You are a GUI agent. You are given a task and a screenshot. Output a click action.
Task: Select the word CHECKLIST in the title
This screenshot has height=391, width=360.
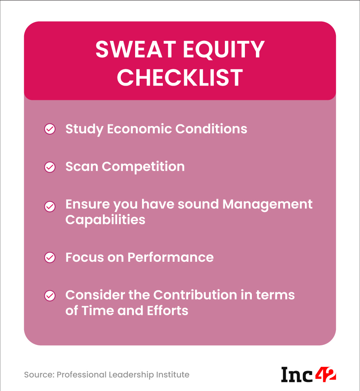pyautogui.click(x=180, y=77)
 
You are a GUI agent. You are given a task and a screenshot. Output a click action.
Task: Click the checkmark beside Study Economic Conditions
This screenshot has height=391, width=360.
pyautogui.click(x=50, y=129)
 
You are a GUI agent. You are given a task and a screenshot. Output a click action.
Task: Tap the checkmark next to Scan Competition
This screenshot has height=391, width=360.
pyautogui.click(x=50, y=167)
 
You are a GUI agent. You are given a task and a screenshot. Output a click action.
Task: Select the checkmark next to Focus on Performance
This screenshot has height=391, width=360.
pyautogui.click(x=50, y=258)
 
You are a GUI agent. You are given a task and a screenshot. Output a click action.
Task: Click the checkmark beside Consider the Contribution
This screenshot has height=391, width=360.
pyautogui.click(x=50, y=295)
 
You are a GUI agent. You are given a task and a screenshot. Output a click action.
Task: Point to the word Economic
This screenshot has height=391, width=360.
pyautogui.click(x=139, y=129)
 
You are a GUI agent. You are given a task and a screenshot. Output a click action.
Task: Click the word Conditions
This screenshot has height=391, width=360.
pyautogui.click(x=211, y=129)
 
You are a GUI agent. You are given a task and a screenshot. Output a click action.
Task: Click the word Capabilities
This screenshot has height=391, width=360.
pyautogui.click(x=105, y=220)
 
